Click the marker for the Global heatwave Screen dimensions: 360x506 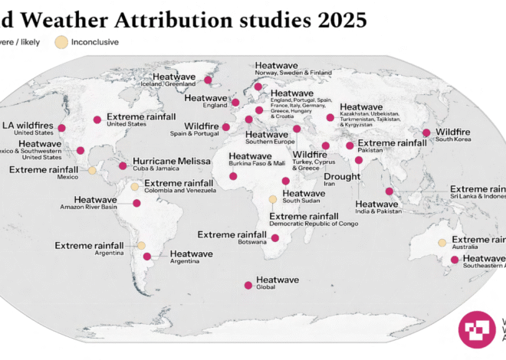pos(248,285)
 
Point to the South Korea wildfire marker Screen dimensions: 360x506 pos(426,133)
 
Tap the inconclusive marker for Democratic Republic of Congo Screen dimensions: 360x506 pos(272,199)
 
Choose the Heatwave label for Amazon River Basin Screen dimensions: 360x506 pos(95,199)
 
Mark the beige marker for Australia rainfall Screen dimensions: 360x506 pos(442,243)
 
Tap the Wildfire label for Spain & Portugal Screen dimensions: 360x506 pos(202,125)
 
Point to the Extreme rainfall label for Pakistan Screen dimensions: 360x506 pos(393,143)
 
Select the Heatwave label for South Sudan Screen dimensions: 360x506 pos(304,194)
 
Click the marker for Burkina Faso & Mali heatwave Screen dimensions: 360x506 pos(234,176)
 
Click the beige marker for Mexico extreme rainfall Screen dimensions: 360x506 pos(92,170)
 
